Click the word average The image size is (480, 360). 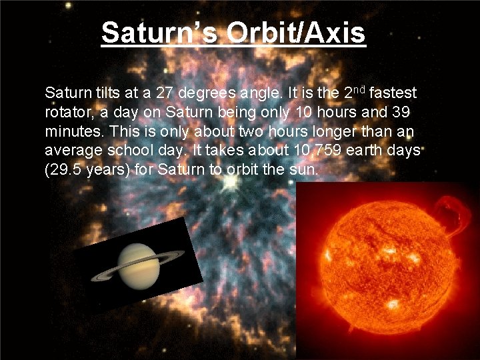coord(69,150)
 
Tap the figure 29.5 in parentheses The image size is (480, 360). coord(65,169)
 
